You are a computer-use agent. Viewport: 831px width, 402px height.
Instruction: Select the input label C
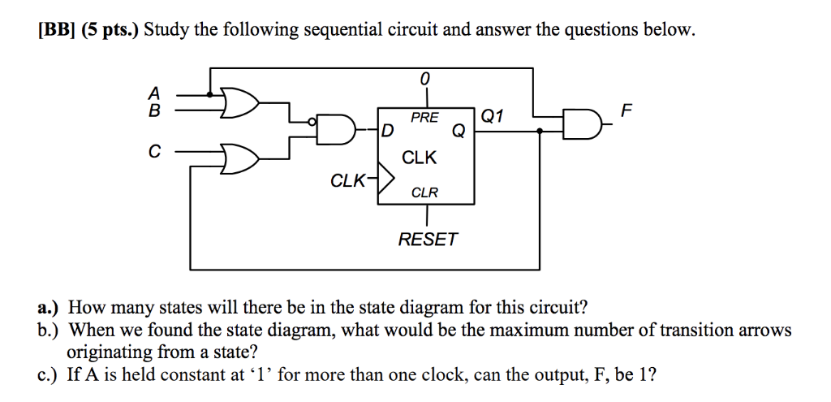point(155,151)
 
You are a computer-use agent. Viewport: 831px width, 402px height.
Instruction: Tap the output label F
point(623,110)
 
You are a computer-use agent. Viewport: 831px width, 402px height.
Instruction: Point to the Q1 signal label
point(493,116)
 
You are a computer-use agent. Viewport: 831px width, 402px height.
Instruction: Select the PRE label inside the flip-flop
point(424,118)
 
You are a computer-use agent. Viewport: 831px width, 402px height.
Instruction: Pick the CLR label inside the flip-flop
point(424,192)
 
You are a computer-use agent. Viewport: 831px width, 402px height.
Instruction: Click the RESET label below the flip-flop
point(428,240)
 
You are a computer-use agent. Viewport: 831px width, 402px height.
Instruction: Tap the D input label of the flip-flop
point(387,131)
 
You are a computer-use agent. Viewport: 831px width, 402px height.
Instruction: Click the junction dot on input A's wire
point(212,95)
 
